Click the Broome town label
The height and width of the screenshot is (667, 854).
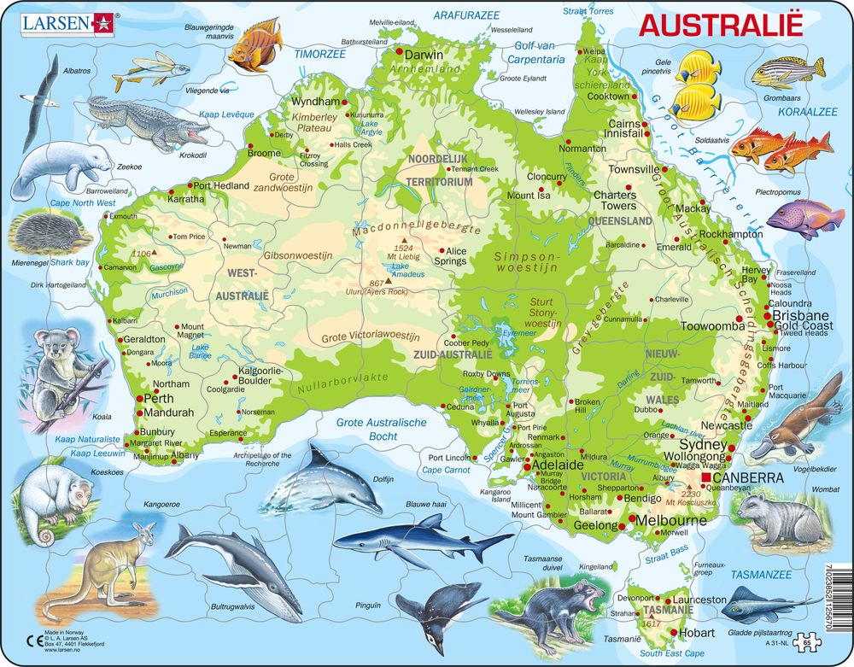(264, 154)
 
